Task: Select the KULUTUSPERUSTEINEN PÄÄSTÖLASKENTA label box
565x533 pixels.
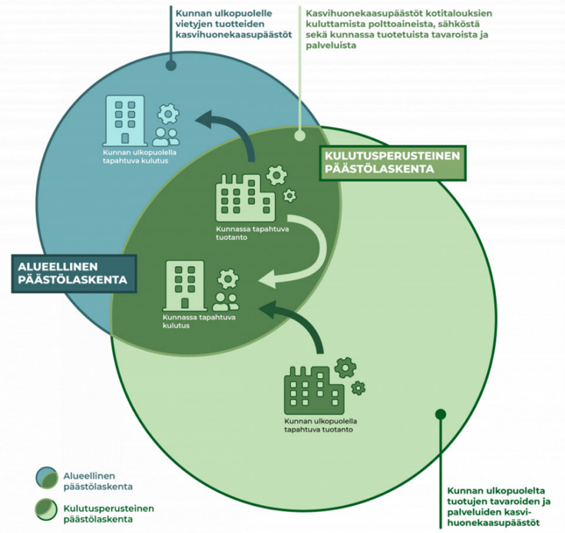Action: (x=392, y=163)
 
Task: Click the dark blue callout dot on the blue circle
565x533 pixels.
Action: (x=171, y=66)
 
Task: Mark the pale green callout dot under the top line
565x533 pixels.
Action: (x=300, y=135)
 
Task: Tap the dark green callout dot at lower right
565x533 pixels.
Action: (x=440, y=414)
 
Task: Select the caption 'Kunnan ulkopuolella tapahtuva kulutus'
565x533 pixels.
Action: (x=135, y=158)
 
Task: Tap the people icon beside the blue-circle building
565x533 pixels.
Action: (x=166, y=136)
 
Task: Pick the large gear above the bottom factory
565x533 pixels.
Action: (x=345, y=367)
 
